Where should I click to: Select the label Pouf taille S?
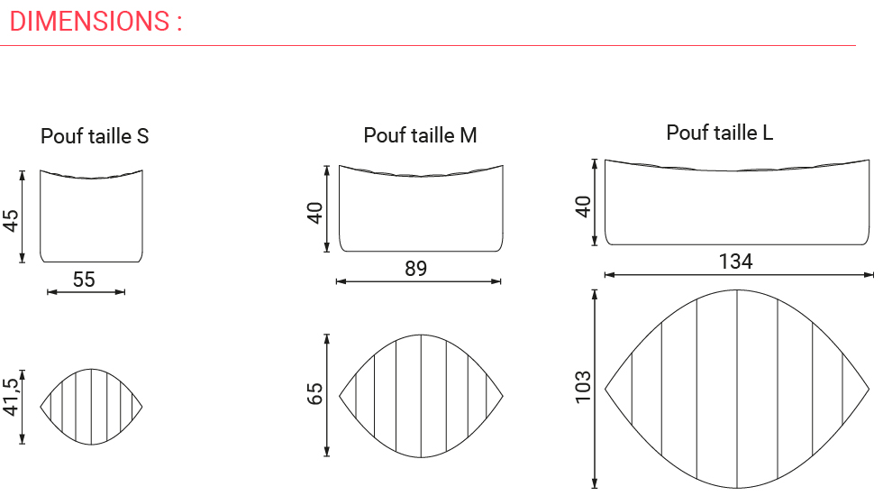pyautogui.click(x=95, y=136)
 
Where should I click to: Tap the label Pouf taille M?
pyautogui.click(x=420, y=135)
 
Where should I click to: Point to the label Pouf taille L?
pyautogui.click(x=719, y=133)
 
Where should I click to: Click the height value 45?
pyautogui.click(x=11, y=221)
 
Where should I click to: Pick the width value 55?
pyautogui.click(x=84, y=280)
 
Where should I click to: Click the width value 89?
pyautogui.click(x=415, y=269)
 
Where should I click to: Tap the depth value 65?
pyautogui.click(x=315, y=394)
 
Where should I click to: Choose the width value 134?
pyautogui.click(x=735, y=262)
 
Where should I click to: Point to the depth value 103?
pyautogui.click(x=582, y=386)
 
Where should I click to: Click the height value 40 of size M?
pyautogui.click(x=315, y=214)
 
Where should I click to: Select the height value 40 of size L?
pyautogui.click(x=583, y=206)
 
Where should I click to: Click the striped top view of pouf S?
pyautogui.click(x=91, y=407)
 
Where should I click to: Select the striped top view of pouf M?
pyautogui.click(x=421, y=396)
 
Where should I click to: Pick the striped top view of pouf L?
pyautogui.click(x=737, y=389)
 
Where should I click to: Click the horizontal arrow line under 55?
pyautogui.click(x=86, y=291)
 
